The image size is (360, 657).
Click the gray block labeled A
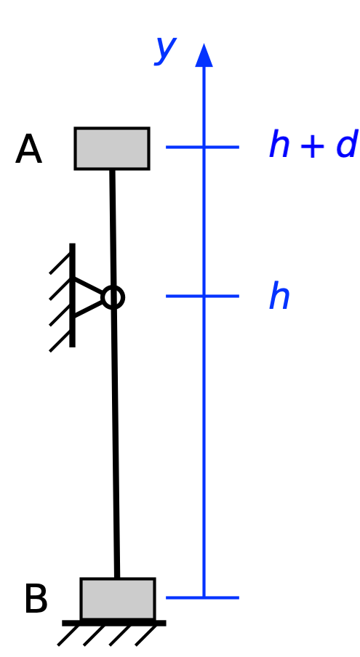pos(112,148)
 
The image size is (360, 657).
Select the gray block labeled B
pos(117,598)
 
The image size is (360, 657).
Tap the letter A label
pos(28,150)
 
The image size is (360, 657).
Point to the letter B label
pos(36,600)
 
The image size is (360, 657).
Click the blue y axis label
pos(166,49)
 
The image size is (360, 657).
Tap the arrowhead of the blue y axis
pos(204,55)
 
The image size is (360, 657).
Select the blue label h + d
pos(313,145)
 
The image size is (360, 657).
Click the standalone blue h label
pos(279,297)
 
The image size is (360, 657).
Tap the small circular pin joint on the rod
pos(113,297)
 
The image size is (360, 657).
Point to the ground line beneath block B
pos(114,623)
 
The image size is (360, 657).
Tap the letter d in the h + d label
pos(346,145)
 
